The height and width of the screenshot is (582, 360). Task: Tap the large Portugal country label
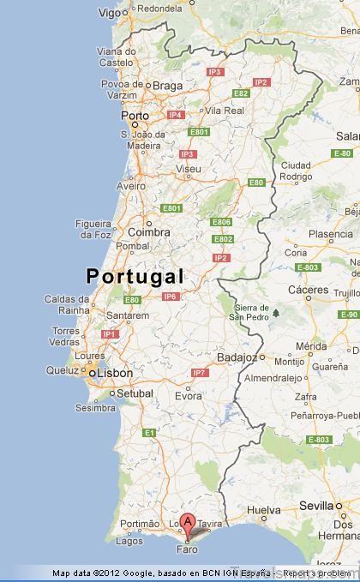pos(135,276)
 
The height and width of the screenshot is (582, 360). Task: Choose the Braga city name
pos(170,86)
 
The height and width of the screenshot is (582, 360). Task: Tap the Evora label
pos(189,397)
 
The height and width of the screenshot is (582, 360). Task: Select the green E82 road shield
pos(241,93)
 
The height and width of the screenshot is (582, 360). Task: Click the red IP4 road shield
pos(176,114)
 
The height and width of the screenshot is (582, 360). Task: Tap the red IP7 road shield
pos(200,373)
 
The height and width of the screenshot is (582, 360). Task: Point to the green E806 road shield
pos(221,222)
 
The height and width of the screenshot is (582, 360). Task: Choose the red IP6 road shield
pos(170,297)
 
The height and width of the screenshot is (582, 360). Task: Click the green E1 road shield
pos(148,433)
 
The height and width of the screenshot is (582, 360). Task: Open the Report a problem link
pos(317,573)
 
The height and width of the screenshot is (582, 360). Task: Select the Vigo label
pos(109,13)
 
